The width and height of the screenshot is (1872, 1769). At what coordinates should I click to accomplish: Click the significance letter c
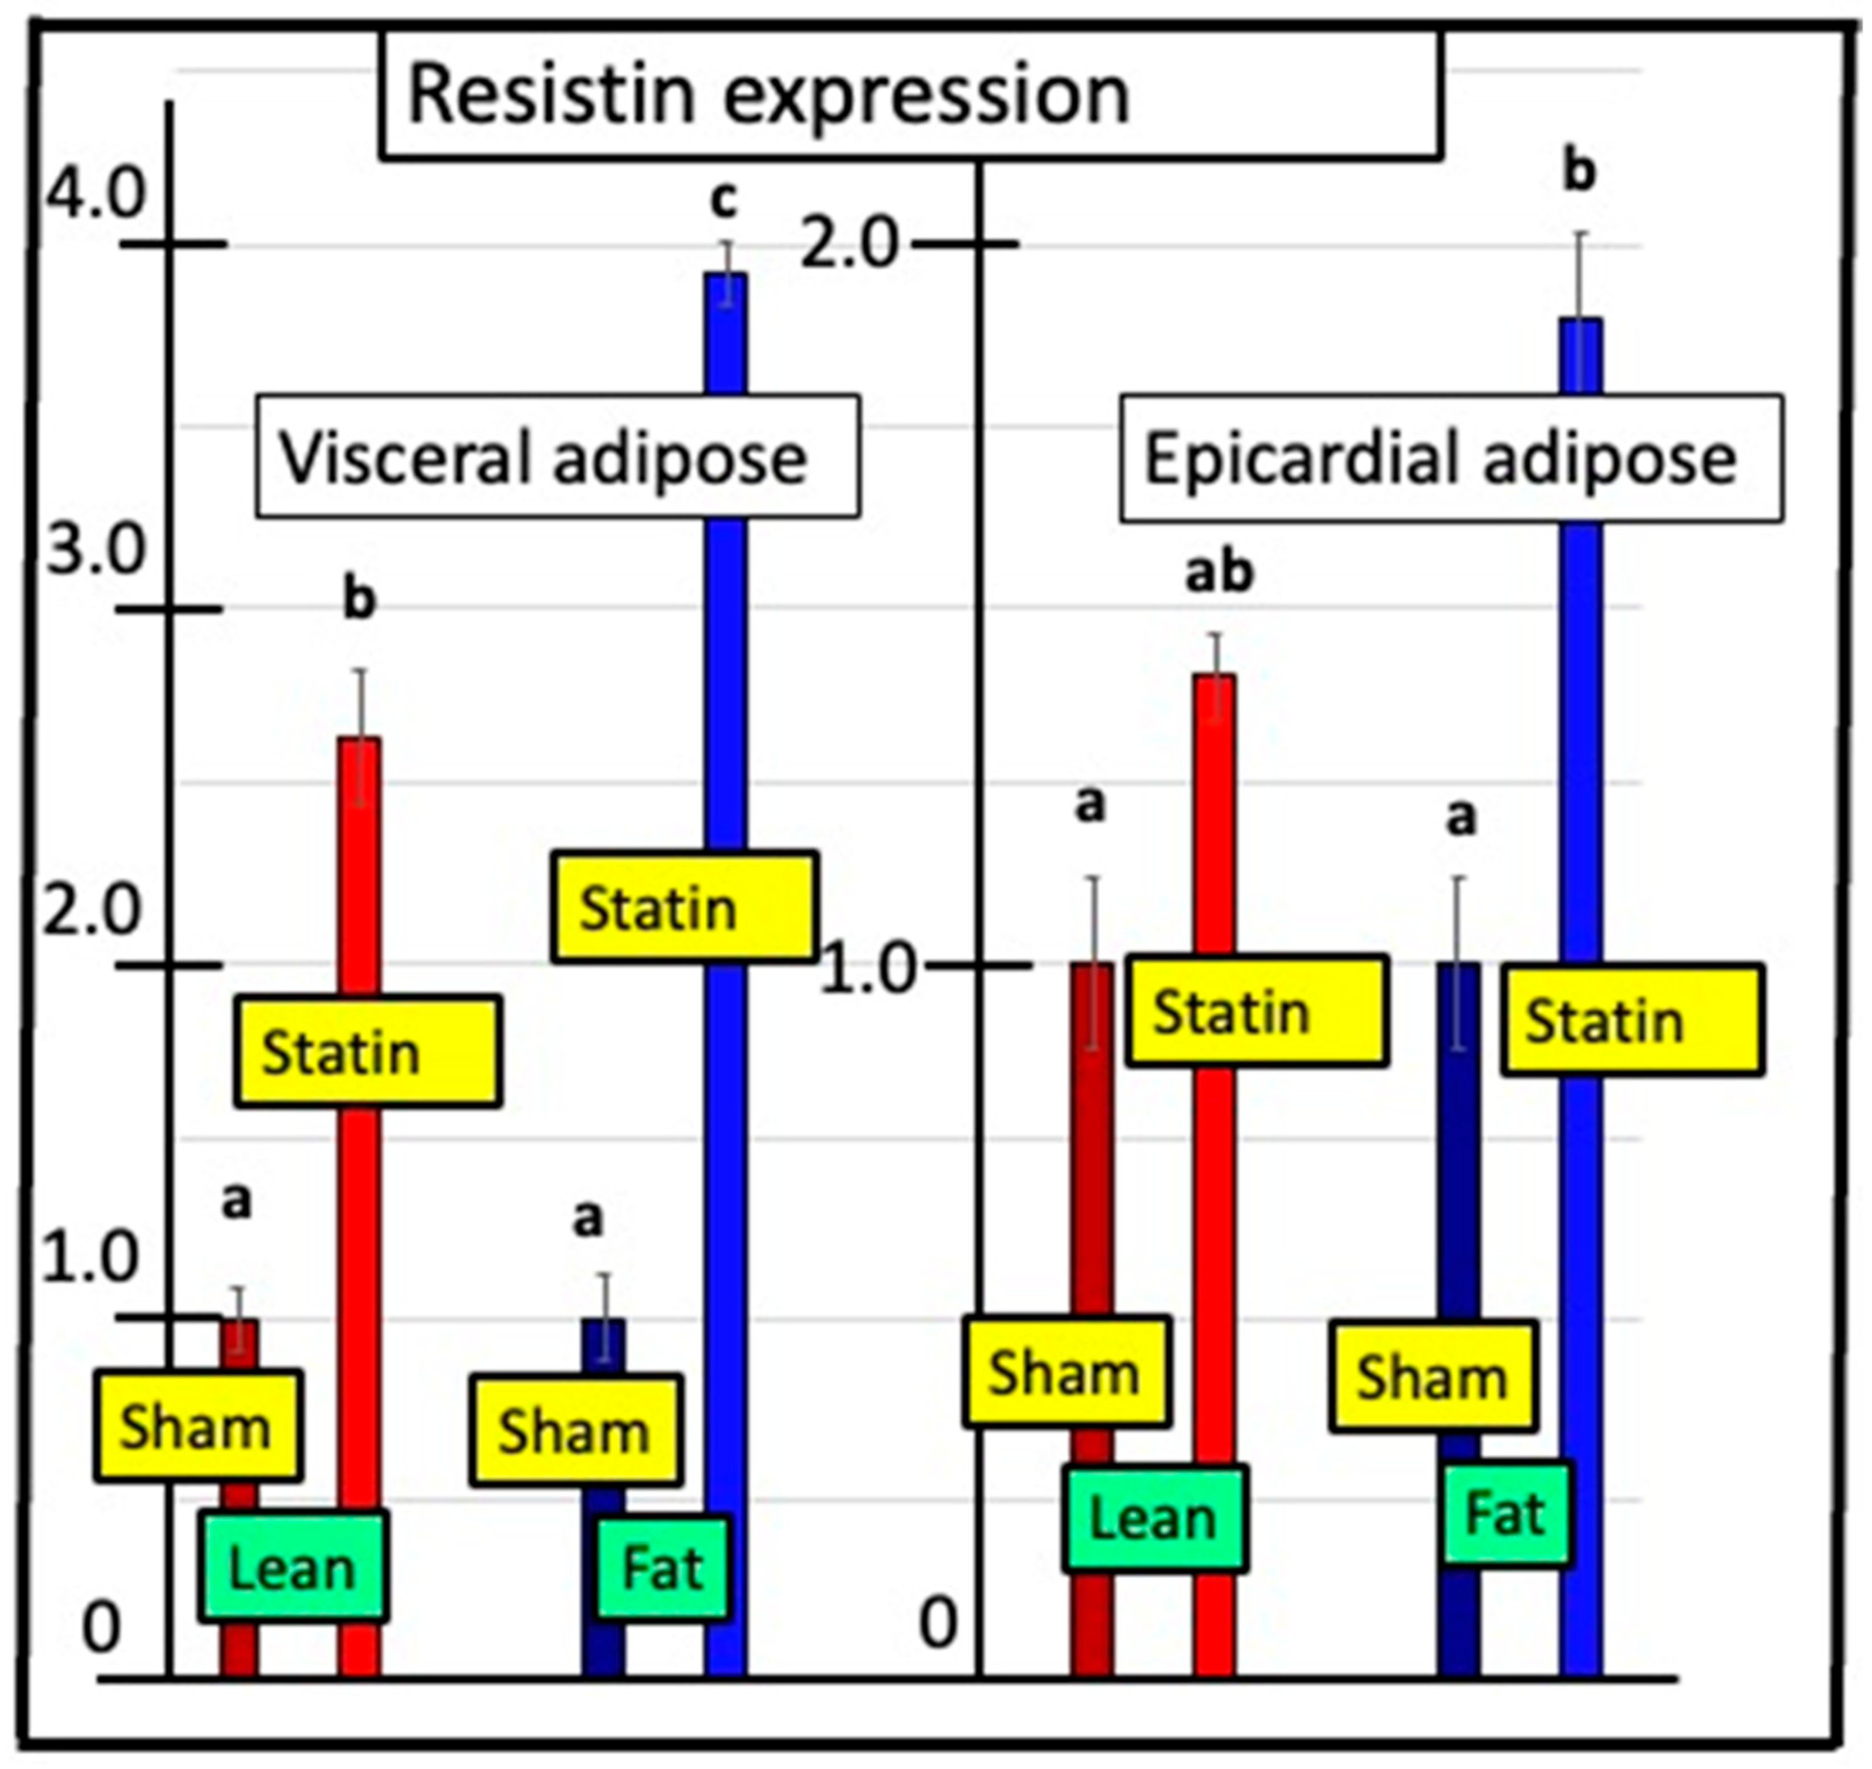(x=724, y=200)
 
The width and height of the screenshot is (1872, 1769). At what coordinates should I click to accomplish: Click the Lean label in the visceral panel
(x=292, y=1568)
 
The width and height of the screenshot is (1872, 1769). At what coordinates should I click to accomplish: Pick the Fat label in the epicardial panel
(x=1506, y=1516)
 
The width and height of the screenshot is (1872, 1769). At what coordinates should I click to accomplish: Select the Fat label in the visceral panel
(x=663, y=1568)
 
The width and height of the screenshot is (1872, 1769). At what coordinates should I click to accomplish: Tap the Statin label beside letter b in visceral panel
(x=368, y=1051)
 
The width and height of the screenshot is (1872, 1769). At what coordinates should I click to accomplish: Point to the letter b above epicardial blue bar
(x=1580, y=172)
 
